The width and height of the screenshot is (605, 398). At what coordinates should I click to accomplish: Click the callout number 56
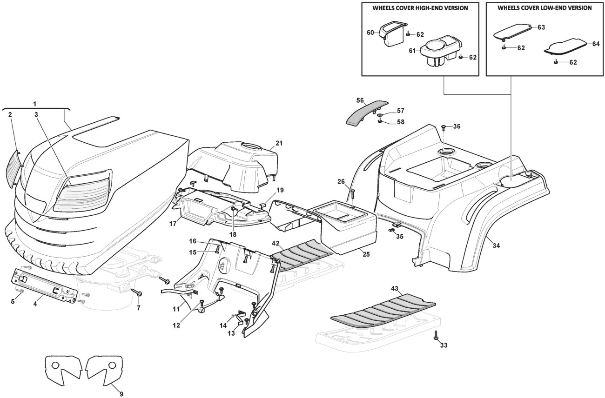(x=360, y=100)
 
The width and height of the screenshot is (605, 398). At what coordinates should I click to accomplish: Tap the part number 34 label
(x=496, y=245)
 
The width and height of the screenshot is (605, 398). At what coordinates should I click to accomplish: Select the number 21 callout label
(x=279, y=143)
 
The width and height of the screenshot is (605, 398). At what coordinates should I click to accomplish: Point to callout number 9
(x=121, y=394)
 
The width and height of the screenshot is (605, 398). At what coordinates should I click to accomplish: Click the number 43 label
(x=395, y=288)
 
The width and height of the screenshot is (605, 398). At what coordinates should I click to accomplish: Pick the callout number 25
(x=366, y=254)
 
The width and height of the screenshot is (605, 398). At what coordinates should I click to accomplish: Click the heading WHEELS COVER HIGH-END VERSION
(x=420, y=8)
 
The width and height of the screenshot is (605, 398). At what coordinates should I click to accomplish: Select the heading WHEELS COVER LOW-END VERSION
(x=545, y=8)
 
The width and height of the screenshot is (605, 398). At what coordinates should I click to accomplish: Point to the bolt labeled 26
(x=352, y=193)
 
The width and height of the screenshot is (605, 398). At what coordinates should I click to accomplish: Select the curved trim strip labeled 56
(x=366, y=113)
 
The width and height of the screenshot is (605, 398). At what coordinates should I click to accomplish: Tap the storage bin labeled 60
(x=392, y=34)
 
